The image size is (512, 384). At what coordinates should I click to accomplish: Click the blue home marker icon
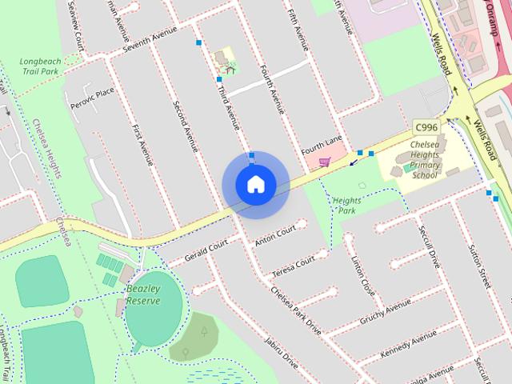pos(255,185)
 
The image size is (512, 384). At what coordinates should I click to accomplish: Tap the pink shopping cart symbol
pos(325,162)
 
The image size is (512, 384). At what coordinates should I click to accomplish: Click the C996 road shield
pos(426,127)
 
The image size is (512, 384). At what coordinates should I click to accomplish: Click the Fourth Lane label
pos(322,146)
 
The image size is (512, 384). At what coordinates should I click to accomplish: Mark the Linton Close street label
pos(363,275)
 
